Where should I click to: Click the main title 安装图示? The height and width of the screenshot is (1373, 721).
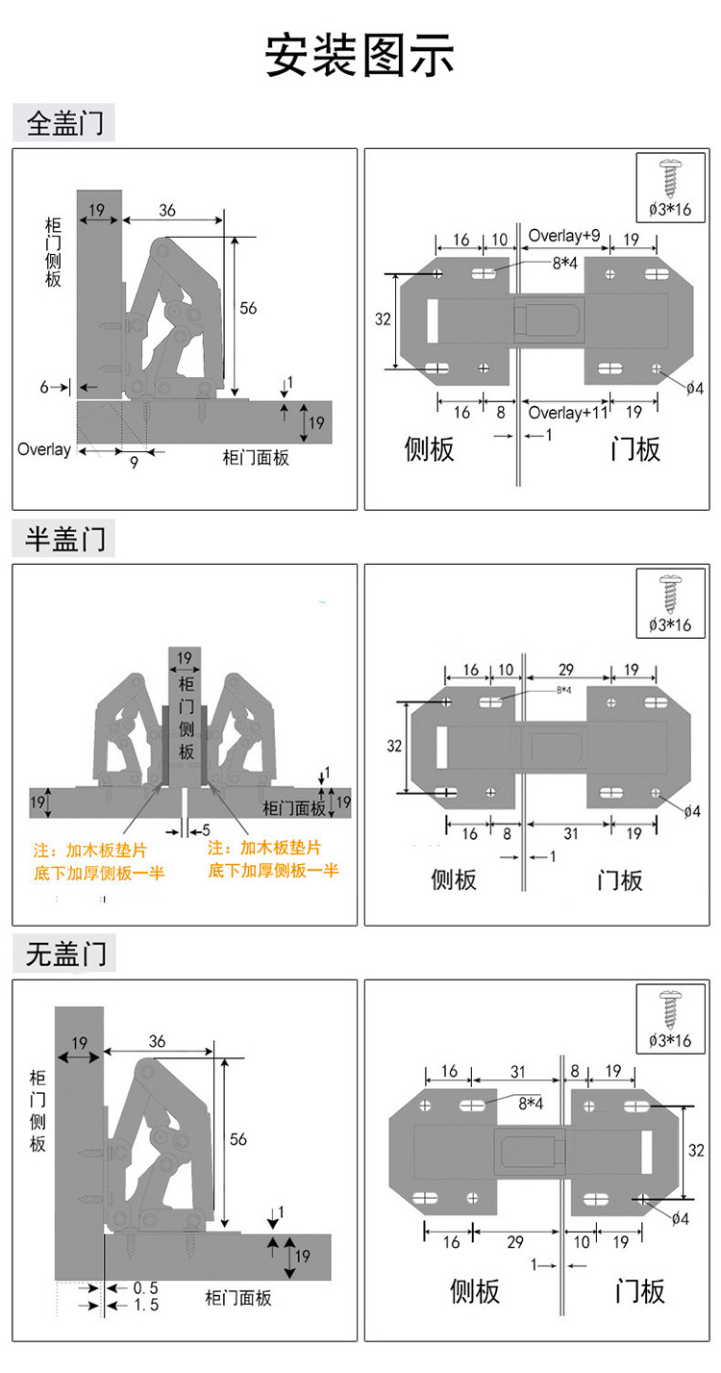click(x=360, y=57)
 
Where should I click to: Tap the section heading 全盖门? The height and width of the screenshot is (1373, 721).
click(x=64, y=123)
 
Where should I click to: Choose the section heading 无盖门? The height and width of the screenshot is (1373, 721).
click(x=64, y=954)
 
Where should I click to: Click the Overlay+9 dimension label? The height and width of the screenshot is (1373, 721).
click(x=564, y=236)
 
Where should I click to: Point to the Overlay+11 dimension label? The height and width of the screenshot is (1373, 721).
click(x=568, y=412)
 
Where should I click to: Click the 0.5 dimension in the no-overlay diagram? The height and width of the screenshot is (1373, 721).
click(x=145, y=1287)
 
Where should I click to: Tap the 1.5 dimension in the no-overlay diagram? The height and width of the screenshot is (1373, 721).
click(x=145, y=1305)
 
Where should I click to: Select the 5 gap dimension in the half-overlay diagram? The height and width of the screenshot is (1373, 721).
click(x=206, y=829)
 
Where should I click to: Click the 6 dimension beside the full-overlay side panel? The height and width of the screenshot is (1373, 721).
click(x=44, y=386)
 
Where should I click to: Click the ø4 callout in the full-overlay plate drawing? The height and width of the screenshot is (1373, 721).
click(x=694, y=388)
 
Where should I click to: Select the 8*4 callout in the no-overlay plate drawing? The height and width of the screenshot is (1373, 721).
click(x=532, y=1104)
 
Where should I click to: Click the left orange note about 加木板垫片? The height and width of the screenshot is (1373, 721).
click(x=99, y=860)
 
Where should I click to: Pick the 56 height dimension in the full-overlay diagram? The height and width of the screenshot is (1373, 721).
click(x=248, y=308)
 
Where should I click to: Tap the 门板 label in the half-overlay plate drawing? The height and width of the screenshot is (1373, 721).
click(x=619, y=879)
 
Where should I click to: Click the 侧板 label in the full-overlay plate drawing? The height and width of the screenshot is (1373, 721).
click(x=429, y=449)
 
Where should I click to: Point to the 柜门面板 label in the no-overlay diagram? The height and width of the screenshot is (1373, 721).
click(x=238, y=1298)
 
